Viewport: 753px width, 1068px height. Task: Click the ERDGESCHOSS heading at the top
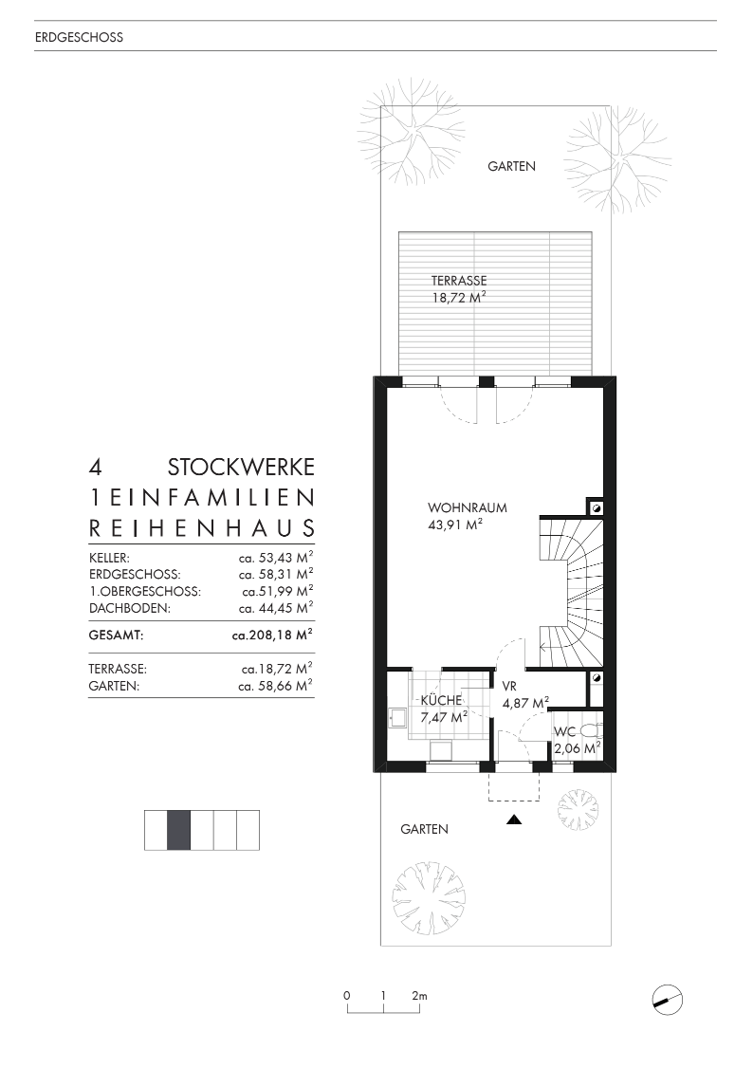coord(79,38)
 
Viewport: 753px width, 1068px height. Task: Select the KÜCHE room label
coord(441,701)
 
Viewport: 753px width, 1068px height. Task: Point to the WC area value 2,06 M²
coord(578,748)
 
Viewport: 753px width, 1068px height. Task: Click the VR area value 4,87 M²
coord(525,704)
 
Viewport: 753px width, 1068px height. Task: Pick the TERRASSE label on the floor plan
coord(459,281)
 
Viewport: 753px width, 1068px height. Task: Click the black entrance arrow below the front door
coord(514,820)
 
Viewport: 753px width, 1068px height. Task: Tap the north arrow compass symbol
coord(668,997)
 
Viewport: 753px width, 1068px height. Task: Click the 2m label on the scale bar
coord(419,996)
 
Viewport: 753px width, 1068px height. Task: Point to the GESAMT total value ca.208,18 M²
coord(273,635)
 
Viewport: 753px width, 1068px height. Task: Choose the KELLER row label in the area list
coord(109,559)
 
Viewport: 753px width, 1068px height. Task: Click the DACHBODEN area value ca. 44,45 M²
coord(276,607)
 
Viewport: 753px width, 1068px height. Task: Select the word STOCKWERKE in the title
coord(241,468)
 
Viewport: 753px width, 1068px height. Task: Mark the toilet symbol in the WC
coord(589,730)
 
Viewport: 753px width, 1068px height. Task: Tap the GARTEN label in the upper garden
coord(512,166)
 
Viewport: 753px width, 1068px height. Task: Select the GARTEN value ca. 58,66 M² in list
coord(276,684)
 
